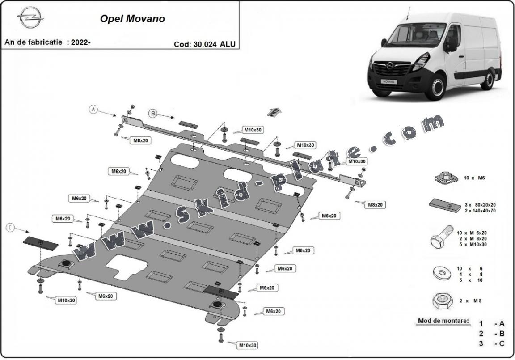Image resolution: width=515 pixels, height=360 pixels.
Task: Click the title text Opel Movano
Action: (132, 19)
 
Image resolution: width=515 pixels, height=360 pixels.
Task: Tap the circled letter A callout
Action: (93, 110)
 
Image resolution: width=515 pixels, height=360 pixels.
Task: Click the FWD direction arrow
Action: (274, 112)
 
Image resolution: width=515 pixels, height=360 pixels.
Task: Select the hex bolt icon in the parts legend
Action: (440, 240)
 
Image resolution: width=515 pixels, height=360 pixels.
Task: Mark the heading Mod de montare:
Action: (443, 321)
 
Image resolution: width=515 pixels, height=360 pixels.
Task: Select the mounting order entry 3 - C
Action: (491, 343)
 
